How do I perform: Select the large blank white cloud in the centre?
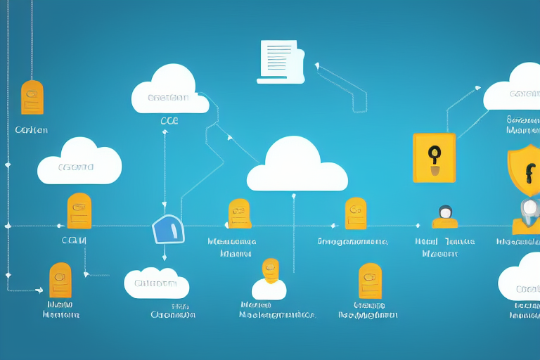pyautogui.click(x=297, y=166)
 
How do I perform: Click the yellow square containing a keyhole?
pyautogui.click(x=434, y=158)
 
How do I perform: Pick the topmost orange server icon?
pyautogui.click(x=32, y=98)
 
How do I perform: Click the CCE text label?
pyautogui.click(x=169, y=121)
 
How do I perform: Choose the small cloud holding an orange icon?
pyautogui.click(x=269, y=288)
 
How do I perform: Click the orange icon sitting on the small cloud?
pyautogui.click(x=270, y=270)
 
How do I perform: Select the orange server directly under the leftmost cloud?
pyautogui.click(x=79, y=211)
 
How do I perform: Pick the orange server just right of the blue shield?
pyautogui.click(x=240, y=214)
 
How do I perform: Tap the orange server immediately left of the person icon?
pyautogui.click(x=356, y=214)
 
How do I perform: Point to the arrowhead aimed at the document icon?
pyautogui.click(x=317, y=66)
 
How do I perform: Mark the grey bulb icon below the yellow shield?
pyautogui.click(x=529, y=208)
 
